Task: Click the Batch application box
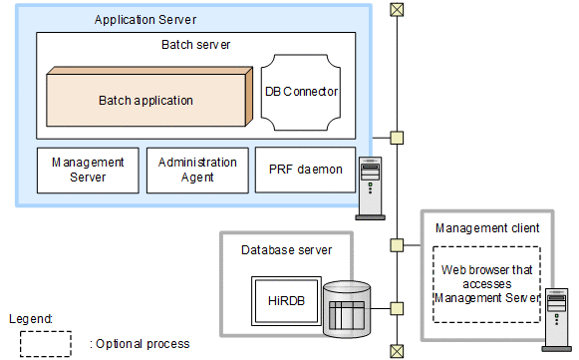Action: (145, 100)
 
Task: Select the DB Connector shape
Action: (301, 91)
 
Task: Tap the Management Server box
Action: (87, 170)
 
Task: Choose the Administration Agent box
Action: (196, 170)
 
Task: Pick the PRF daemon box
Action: (305, 170)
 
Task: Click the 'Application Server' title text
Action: (145, 20)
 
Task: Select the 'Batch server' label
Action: (195, 45)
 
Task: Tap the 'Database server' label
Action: (286, 249)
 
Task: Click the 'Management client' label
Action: (487, 228)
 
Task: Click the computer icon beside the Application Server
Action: (371, 189)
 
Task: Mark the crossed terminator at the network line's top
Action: (397, 10)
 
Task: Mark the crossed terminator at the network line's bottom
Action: (397, 350)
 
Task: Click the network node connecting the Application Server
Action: (397, 138)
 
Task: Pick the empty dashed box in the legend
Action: (46, 343)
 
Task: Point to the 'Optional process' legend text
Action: (140, 344)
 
